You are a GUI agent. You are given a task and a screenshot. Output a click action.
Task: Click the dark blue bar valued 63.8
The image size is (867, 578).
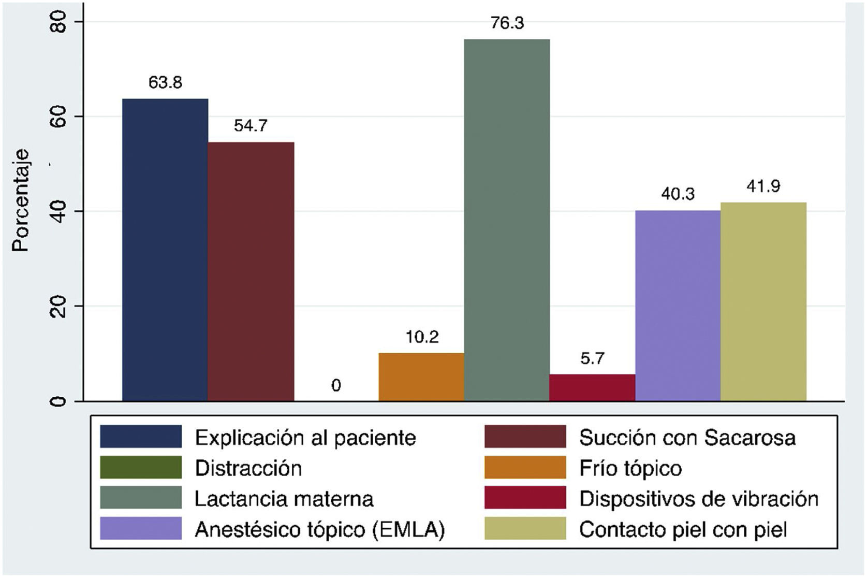(165, 250)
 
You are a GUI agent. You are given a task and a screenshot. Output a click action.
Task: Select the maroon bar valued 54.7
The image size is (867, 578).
(251, 271)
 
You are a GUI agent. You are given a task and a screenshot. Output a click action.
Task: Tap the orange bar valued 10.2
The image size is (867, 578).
(421, 377)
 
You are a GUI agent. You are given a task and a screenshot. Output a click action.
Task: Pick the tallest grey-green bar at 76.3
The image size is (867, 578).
(507, 220)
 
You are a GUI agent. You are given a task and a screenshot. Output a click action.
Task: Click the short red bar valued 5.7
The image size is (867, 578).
(592, 387)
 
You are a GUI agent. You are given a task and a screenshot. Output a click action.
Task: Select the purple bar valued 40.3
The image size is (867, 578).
(678, 306)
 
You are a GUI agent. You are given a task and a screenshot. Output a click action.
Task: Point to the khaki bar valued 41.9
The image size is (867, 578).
(763, 301)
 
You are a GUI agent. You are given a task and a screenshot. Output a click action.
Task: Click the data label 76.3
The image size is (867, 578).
(507, 23)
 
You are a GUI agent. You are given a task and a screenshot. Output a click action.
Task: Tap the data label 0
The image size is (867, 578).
(336, 385)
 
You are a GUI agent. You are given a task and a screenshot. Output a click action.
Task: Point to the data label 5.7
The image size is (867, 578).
(592, 358)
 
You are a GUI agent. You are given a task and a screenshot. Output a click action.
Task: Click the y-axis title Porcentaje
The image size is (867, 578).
(21, 200)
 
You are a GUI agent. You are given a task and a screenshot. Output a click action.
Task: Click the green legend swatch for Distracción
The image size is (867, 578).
(141, 468)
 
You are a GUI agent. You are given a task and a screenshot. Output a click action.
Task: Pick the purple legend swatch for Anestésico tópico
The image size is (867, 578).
(141, 529)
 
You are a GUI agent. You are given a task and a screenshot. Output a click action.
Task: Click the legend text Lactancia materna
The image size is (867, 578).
(284, 499)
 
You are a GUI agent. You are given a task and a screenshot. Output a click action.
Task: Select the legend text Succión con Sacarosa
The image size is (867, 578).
(687, 438)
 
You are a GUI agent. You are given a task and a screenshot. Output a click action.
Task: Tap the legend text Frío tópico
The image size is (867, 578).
(630, 468)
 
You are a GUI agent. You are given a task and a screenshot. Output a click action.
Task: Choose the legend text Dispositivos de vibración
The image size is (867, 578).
(699, 499)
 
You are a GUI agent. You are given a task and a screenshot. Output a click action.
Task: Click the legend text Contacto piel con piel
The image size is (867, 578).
(683, 529)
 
